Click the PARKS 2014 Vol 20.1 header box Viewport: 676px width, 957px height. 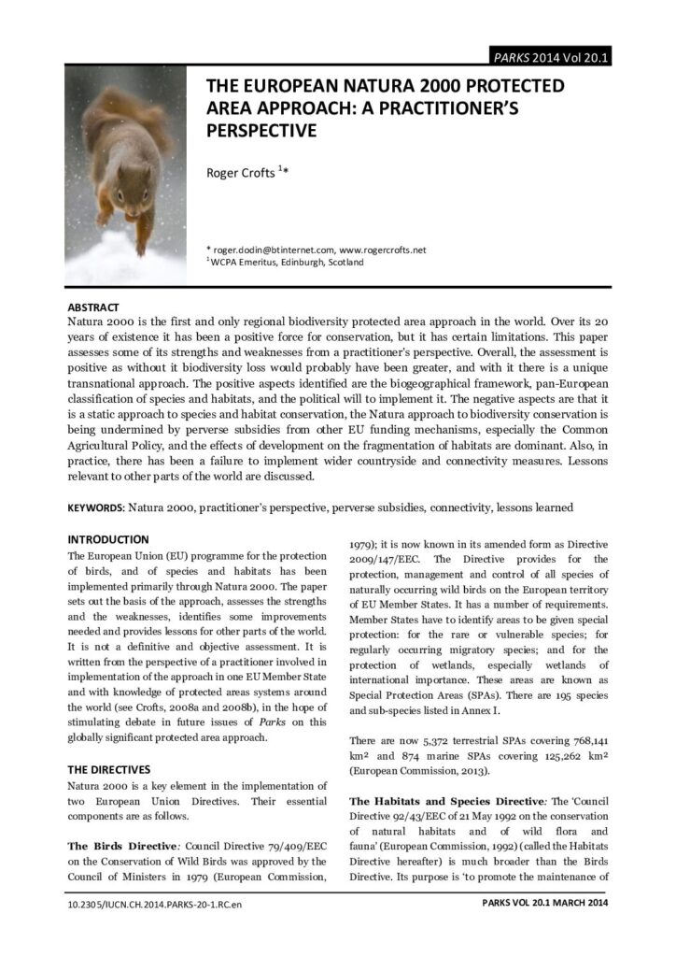[x=550, y=57]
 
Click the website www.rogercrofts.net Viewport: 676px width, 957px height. [x=383, y=250]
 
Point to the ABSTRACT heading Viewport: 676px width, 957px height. [x=93, y=307]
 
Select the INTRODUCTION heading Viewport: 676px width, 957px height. [x=108, y=539]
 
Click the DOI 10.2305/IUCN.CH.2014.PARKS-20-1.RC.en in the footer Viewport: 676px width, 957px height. [x=154, y=905]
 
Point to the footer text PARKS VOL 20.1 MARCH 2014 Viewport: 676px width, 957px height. [x=545, y=904]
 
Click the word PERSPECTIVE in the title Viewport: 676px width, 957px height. [x=261, y=131]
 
